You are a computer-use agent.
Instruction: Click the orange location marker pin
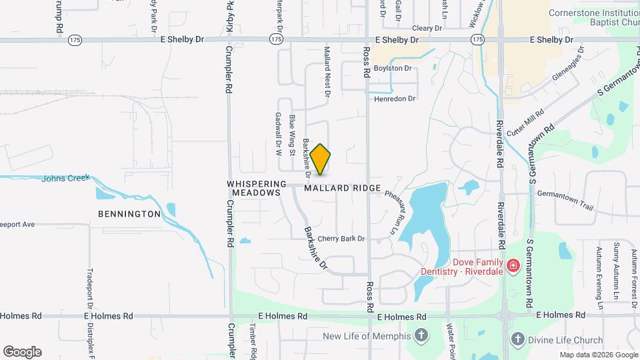tap(321, 159)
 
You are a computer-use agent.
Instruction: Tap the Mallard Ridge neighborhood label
tap(343, 189)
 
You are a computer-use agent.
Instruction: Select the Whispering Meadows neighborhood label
tap(256, 188)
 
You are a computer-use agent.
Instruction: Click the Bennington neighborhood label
tap(129, 214)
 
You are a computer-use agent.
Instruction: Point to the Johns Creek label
tap(65, 179)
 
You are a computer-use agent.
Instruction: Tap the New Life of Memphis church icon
tap(421, 335)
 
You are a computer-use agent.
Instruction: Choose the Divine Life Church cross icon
tap(517, 340)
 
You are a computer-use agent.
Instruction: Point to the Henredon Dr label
tap(395, 99)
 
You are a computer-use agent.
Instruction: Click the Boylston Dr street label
tap(393, 68)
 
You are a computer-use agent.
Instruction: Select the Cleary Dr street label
tap(427, 28)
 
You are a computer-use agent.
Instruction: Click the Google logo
tap(22, 352)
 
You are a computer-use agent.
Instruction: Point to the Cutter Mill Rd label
tap(525, 123)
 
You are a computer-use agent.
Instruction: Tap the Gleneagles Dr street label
tap(567, 63)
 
